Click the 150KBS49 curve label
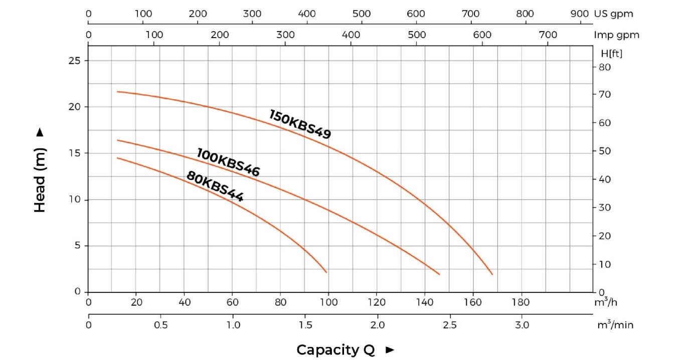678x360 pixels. pos(300,124)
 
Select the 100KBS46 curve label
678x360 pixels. pos(228,162)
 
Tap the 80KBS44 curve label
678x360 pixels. pos(215,187)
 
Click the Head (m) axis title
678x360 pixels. pos(40,179)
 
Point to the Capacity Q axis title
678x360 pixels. pos(335,349)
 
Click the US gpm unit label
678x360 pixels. pos(613,14)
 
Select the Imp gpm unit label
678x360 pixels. pos(616,35)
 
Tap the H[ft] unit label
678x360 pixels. pos(611,53)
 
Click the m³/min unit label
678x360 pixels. pos(615,325)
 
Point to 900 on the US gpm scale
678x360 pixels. pos(580,14)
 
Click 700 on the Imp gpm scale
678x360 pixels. pos(548,35)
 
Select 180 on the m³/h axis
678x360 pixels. pos(521,302)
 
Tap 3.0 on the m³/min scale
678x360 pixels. pos(522,325)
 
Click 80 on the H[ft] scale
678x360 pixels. pos(603,67)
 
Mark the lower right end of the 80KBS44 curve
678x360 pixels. pos(326,272)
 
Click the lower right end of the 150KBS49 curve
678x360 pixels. pos(492,274)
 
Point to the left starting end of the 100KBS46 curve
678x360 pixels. pos(117,140)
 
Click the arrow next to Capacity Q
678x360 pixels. pos(390,350)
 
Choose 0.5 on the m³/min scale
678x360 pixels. pos(160,325)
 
